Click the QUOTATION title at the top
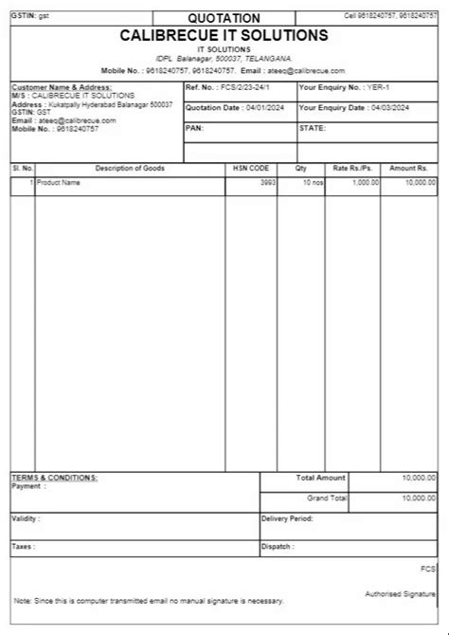coord(224,17)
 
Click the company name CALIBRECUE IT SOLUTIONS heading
coord(224,35)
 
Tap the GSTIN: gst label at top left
coord(30,16)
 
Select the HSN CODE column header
coord(251,168)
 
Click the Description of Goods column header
coord(130,168)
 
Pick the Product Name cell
coord(59,181)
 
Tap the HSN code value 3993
coord(268,181)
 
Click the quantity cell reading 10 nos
coord(312,181)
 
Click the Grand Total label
coord(327,498)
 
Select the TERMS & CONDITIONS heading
coord(54,478)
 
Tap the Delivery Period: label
coord(287,519)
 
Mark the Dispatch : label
coord(278,547)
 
